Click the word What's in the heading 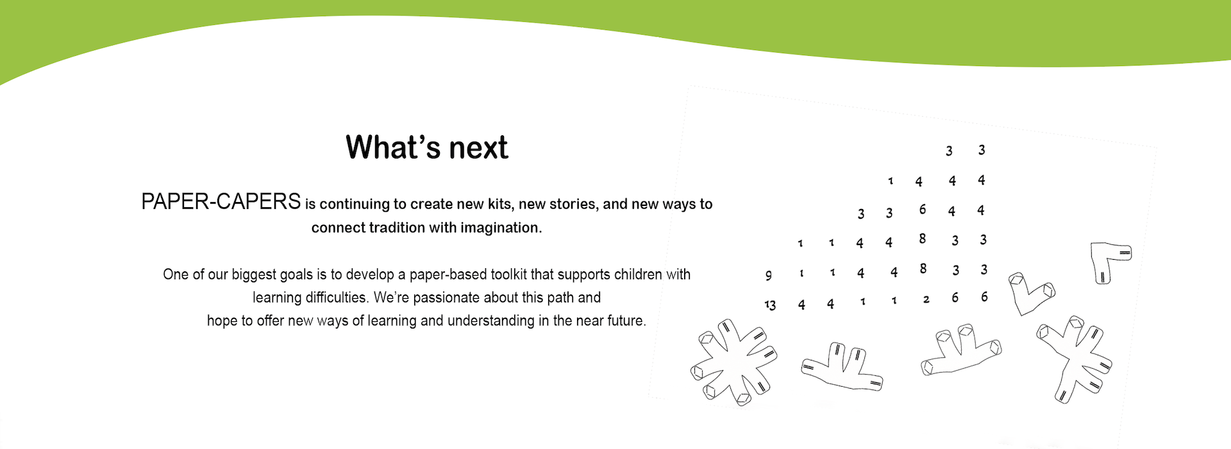click(393, 148)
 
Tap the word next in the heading click(478, 148)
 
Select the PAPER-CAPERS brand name click(221, 201)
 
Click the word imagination click(501, 228)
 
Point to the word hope click(222, 321)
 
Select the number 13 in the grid click(770, 305)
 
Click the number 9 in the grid click(768, 275)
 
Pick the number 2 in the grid click(926, 300)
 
